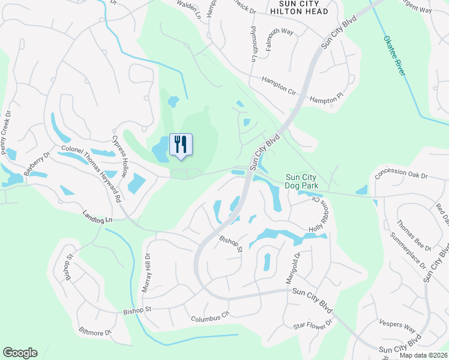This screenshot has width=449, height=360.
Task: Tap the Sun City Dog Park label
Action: tap(301, 181)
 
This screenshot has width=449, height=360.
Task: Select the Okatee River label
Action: tap(395, 56)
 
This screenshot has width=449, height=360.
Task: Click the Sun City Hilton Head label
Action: tap(298, 8)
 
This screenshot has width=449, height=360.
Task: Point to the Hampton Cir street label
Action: tap(279, 86)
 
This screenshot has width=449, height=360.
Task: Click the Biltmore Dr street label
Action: tap(95, 331)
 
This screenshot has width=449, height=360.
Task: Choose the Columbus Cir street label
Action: tap(209, 316)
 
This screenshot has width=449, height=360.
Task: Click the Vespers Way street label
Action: tap(397, 326)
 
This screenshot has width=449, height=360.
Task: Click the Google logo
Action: tap(20, 353)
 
